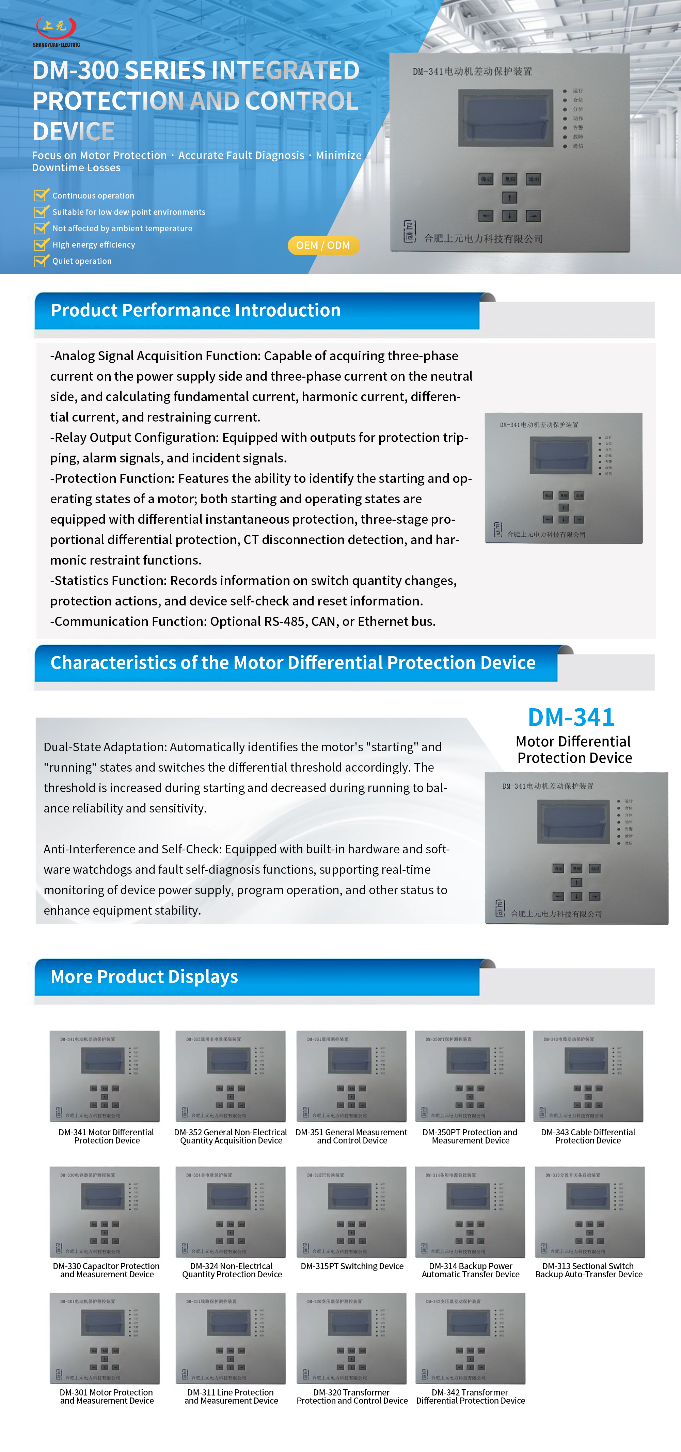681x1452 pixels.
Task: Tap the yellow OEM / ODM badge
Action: (x=323, y=245)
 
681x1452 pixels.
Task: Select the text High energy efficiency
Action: (x=94, y=244)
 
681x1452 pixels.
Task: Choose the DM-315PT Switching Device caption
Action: (x=352, y=1266)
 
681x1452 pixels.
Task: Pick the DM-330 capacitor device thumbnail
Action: (x=105, y=1212)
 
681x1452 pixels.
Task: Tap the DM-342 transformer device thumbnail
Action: (x=470, y=1338)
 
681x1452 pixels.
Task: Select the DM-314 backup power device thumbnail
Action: (x=470, y=1212)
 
